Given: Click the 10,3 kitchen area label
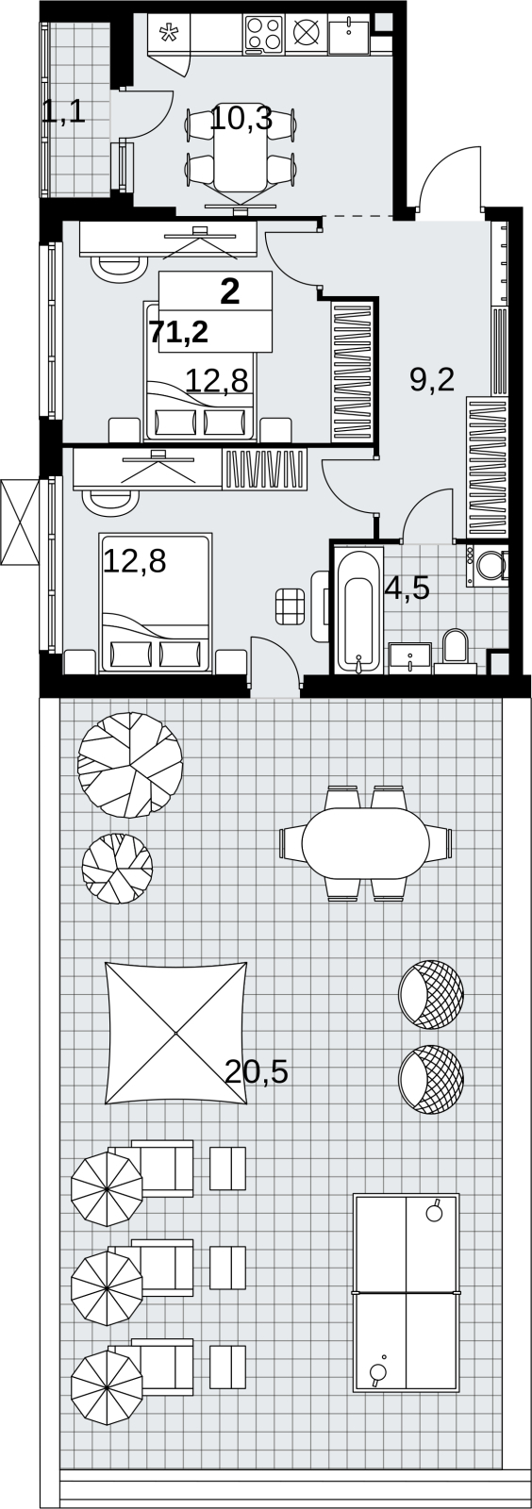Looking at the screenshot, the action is coord(241,119).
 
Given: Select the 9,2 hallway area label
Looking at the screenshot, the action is coord(432,380).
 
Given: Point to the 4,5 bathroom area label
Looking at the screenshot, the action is coord(407,589).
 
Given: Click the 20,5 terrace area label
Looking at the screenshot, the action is coord(256,1071).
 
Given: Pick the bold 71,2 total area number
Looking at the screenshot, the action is coord(178,332).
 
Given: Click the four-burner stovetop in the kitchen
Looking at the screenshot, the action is coord(264,32).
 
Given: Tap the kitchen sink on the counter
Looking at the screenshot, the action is coord(349,34).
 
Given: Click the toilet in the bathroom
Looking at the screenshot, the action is coord(456,651).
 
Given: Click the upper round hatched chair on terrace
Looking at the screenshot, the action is coord(431,994).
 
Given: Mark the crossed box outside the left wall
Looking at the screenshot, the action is coord(21,522).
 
